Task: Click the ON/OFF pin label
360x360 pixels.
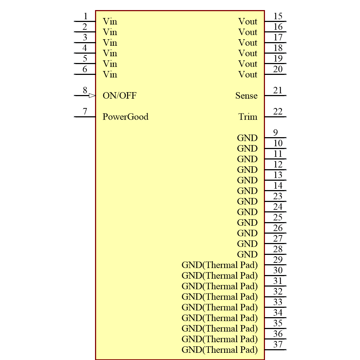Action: [x=120, y=96]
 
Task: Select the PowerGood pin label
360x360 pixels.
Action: [x=125, y=117]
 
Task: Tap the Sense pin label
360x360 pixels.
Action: [x=246, y=96]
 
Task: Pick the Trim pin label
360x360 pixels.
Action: [x=248, y=117]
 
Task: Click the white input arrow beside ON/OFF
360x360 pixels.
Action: [x=92, y=96]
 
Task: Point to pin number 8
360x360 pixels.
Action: [x=85, y=90]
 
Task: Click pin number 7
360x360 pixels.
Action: [x=85, y=111]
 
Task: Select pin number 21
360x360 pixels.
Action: [x=278, y=90]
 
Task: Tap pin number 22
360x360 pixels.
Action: [x=278, y=112]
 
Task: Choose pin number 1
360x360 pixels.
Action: [x=85, y=16]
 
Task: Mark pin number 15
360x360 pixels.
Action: [x=278, y=16]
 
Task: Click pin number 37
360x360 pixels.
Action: [x=278, y=345]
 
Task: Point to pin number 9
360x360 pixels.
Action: [x=275, y=132]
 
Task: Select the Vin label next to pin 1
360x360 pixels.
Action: [x=110, y=22]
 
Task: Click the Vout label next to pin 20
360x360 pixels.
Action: [x=248, y=75]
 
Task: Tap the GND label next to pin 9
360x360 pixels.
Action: [x=247, y=138]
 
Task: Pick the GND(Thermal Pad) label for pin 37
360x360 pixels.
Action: [x=220, y=350]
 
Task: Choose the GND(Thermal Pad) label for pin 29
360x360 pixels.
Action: [x=220, y=265]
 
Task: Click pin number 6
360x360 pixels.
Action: [x=85, y=69]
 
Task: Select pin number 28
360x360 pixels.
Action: [x=278, y=249]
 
